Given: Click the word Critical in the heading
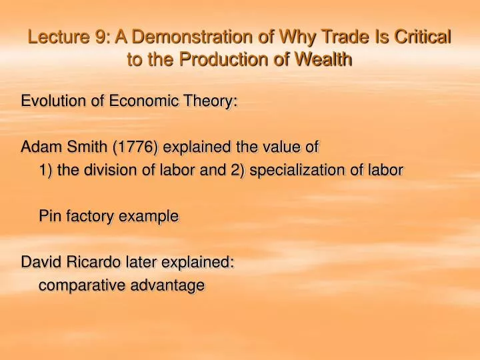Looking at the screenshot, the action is point(422,37).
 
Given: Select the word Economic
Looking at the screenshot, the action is point(143,101).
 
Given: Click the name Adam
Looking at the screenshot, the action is point(41,147).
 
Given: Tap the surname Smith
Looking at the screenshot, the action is point(87,147).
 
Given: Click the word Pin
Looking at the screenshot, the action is point(50,216).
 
